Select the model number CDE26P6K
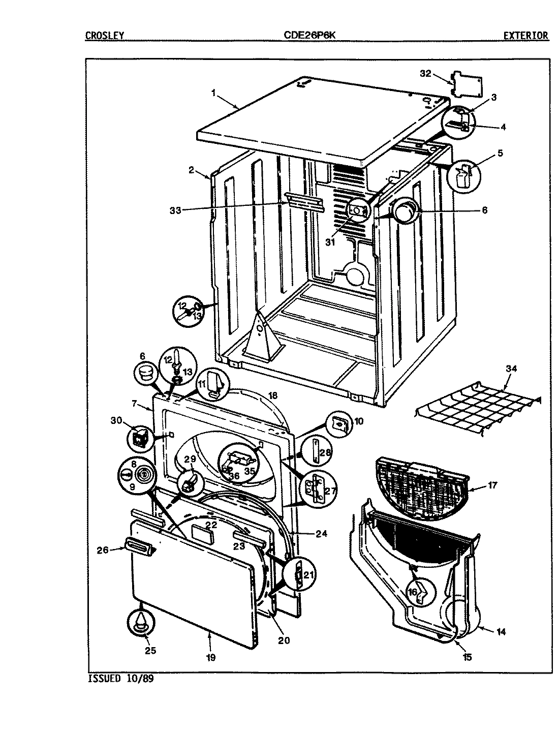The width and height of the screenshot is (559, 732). pos(309,36)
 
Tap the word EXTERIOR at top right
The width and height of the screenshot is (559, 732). pos(525,36)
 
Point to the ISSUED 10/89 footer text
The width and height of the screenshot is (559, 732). pos(120,679)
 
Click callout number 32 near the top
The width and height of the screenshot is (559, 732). pos(426,74)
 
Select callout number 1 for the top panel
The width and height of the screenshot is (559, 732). pos(214,93)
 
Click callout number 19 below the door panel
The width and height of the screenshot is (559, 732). pos(210,657)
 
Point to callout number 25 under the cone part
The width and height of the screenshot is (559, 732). pos(150,650)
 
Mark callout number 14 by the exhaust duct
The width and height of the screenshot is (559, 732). pos(501,632)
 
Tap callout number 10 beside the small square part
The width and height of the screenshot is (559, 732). pos(358,421)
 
